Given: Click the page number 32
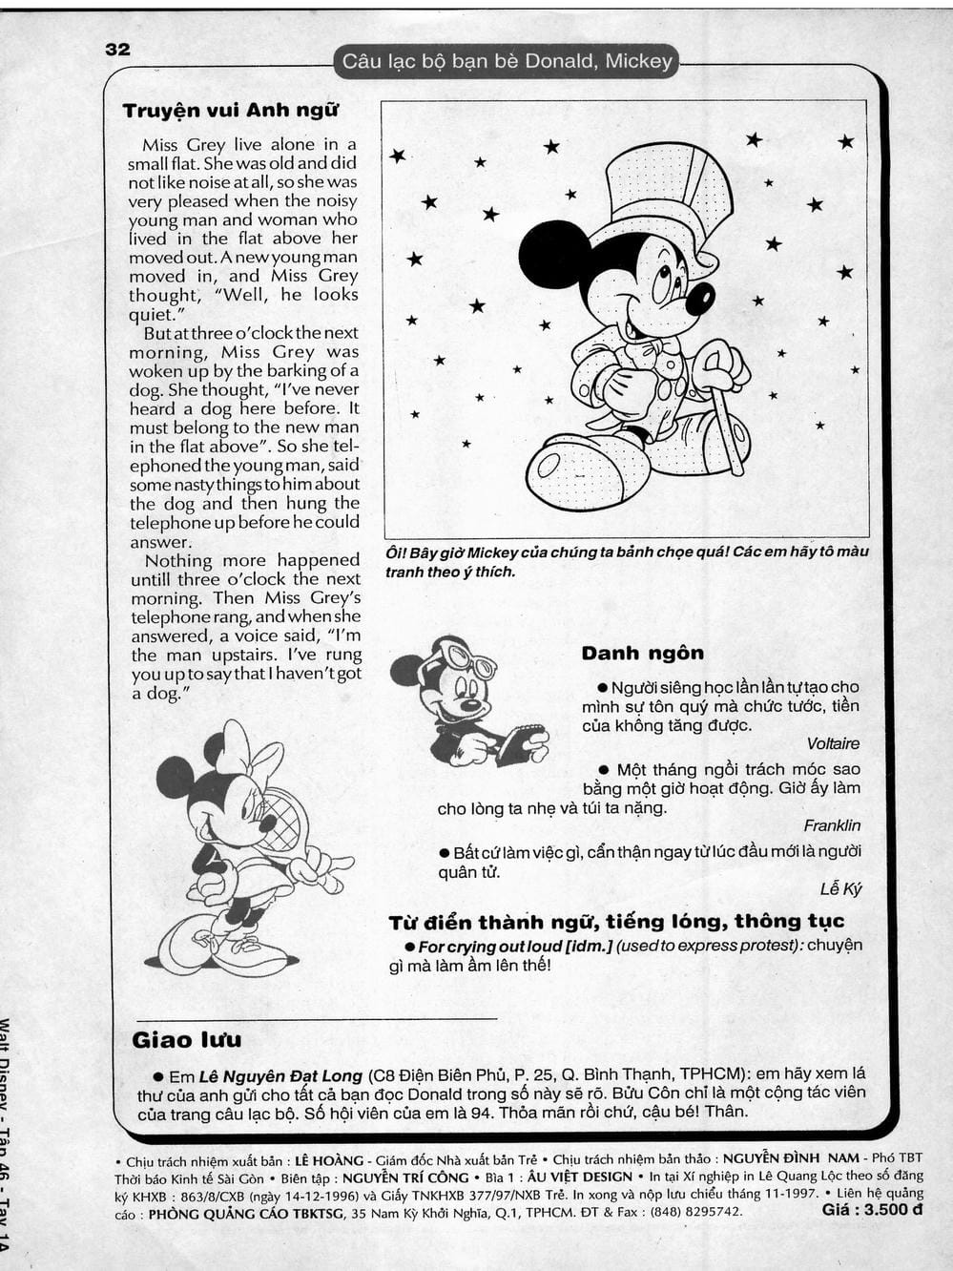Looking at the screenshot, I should click(x=117, y=50).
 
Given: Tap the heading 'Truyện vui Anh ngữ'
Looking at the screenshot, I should click(x=230, y=111).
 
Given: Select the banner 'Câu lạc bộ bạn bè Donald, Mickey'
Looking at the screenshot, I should click(x=507, y=62).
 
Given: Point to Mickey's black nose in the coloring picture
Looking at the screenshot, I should click(x=700, y=298).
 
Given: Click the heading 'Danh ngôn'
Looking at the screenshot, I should click(x=642, y=654).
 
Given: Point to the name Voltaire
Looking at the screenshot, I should click(x=832, y=744).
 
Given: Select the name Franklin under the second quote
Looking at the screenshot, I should click(x=831, y=826).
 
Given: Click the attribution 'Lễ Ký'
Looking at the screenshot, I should click(x=839, y=889).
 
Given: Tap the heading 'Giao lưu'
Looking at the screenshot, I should click(x=186, y=1039).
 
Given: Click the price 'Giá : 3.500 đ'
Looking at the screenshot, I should click(x=871, y=1211).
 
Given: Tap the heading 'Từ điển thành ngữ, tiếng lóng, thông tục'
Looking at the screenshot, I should click(x=616, y=922).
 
